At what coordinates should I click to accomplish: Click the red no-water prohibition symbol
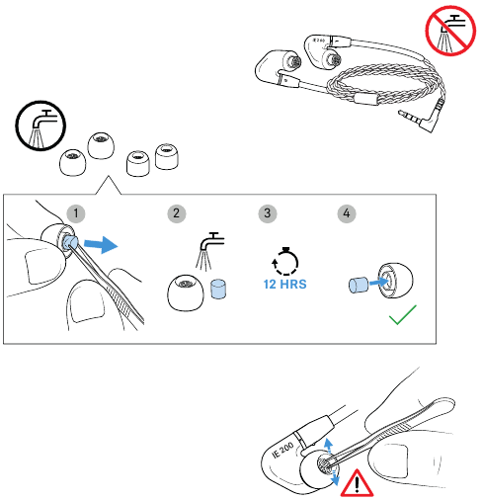click(x=450, y=31)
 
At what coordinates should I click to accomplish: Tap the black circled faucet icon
click(x=40, y=125)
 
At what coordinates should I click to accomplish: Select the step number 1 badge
click(x=76, y=213)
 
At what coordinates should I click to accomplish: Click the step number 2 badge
click(x=177, y=213)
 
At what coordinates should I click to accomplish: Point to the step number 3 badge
click(x=268, y=213)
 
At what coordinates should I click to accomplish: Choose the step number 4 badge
click(x=347, y=213)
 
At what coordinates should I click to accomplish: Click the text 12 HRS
click(x=285, y=284)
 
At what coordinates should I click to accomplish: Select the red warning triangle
click(x=357, y=483)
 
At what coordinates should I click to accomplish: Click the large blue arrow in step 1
click(x=101, y=245)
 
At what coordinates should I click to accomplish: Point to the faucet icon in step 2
click(x=209, y=251)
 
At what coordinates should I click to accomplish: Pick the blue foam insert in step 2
click(x=218, y=290)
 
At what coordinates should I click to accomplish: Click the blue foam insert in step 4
click(x=359, y=285)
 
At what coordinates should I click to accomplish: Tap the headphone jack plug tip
click(x=400, y=113)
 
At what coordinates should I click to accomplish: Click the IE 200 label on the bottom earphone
click(x=283, y=450)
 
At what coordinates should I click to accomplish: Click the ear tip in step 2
click(x=186, y=292)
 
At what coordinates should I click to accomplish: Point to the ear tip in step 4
click(x=395, y=281)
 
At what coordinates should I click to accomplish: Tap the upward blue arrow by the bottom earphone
click(x=328, y=445)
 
